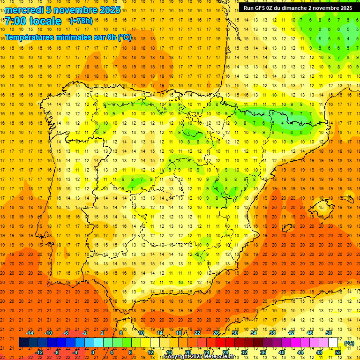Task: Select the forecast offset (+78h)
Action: [81, 21]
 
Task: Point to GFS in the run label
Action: [261, 8]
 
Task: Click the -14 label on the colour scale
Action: [30, 333]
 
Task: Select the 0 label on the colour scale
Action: [93, 352]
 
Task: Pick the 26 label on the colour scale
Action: [216, 333]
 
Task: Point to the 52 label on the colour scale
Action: [338, 352]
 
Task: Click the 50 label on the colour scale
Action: [329, 333]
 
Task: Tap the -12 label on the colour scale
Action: [39, 352]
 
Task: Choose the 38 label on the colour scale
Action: [272, 333]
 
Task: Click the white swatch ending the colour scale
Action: [333, 343]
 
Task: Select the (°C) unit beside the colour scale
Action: [349, 343]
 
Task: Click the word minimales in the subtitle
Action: [74, 37]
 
